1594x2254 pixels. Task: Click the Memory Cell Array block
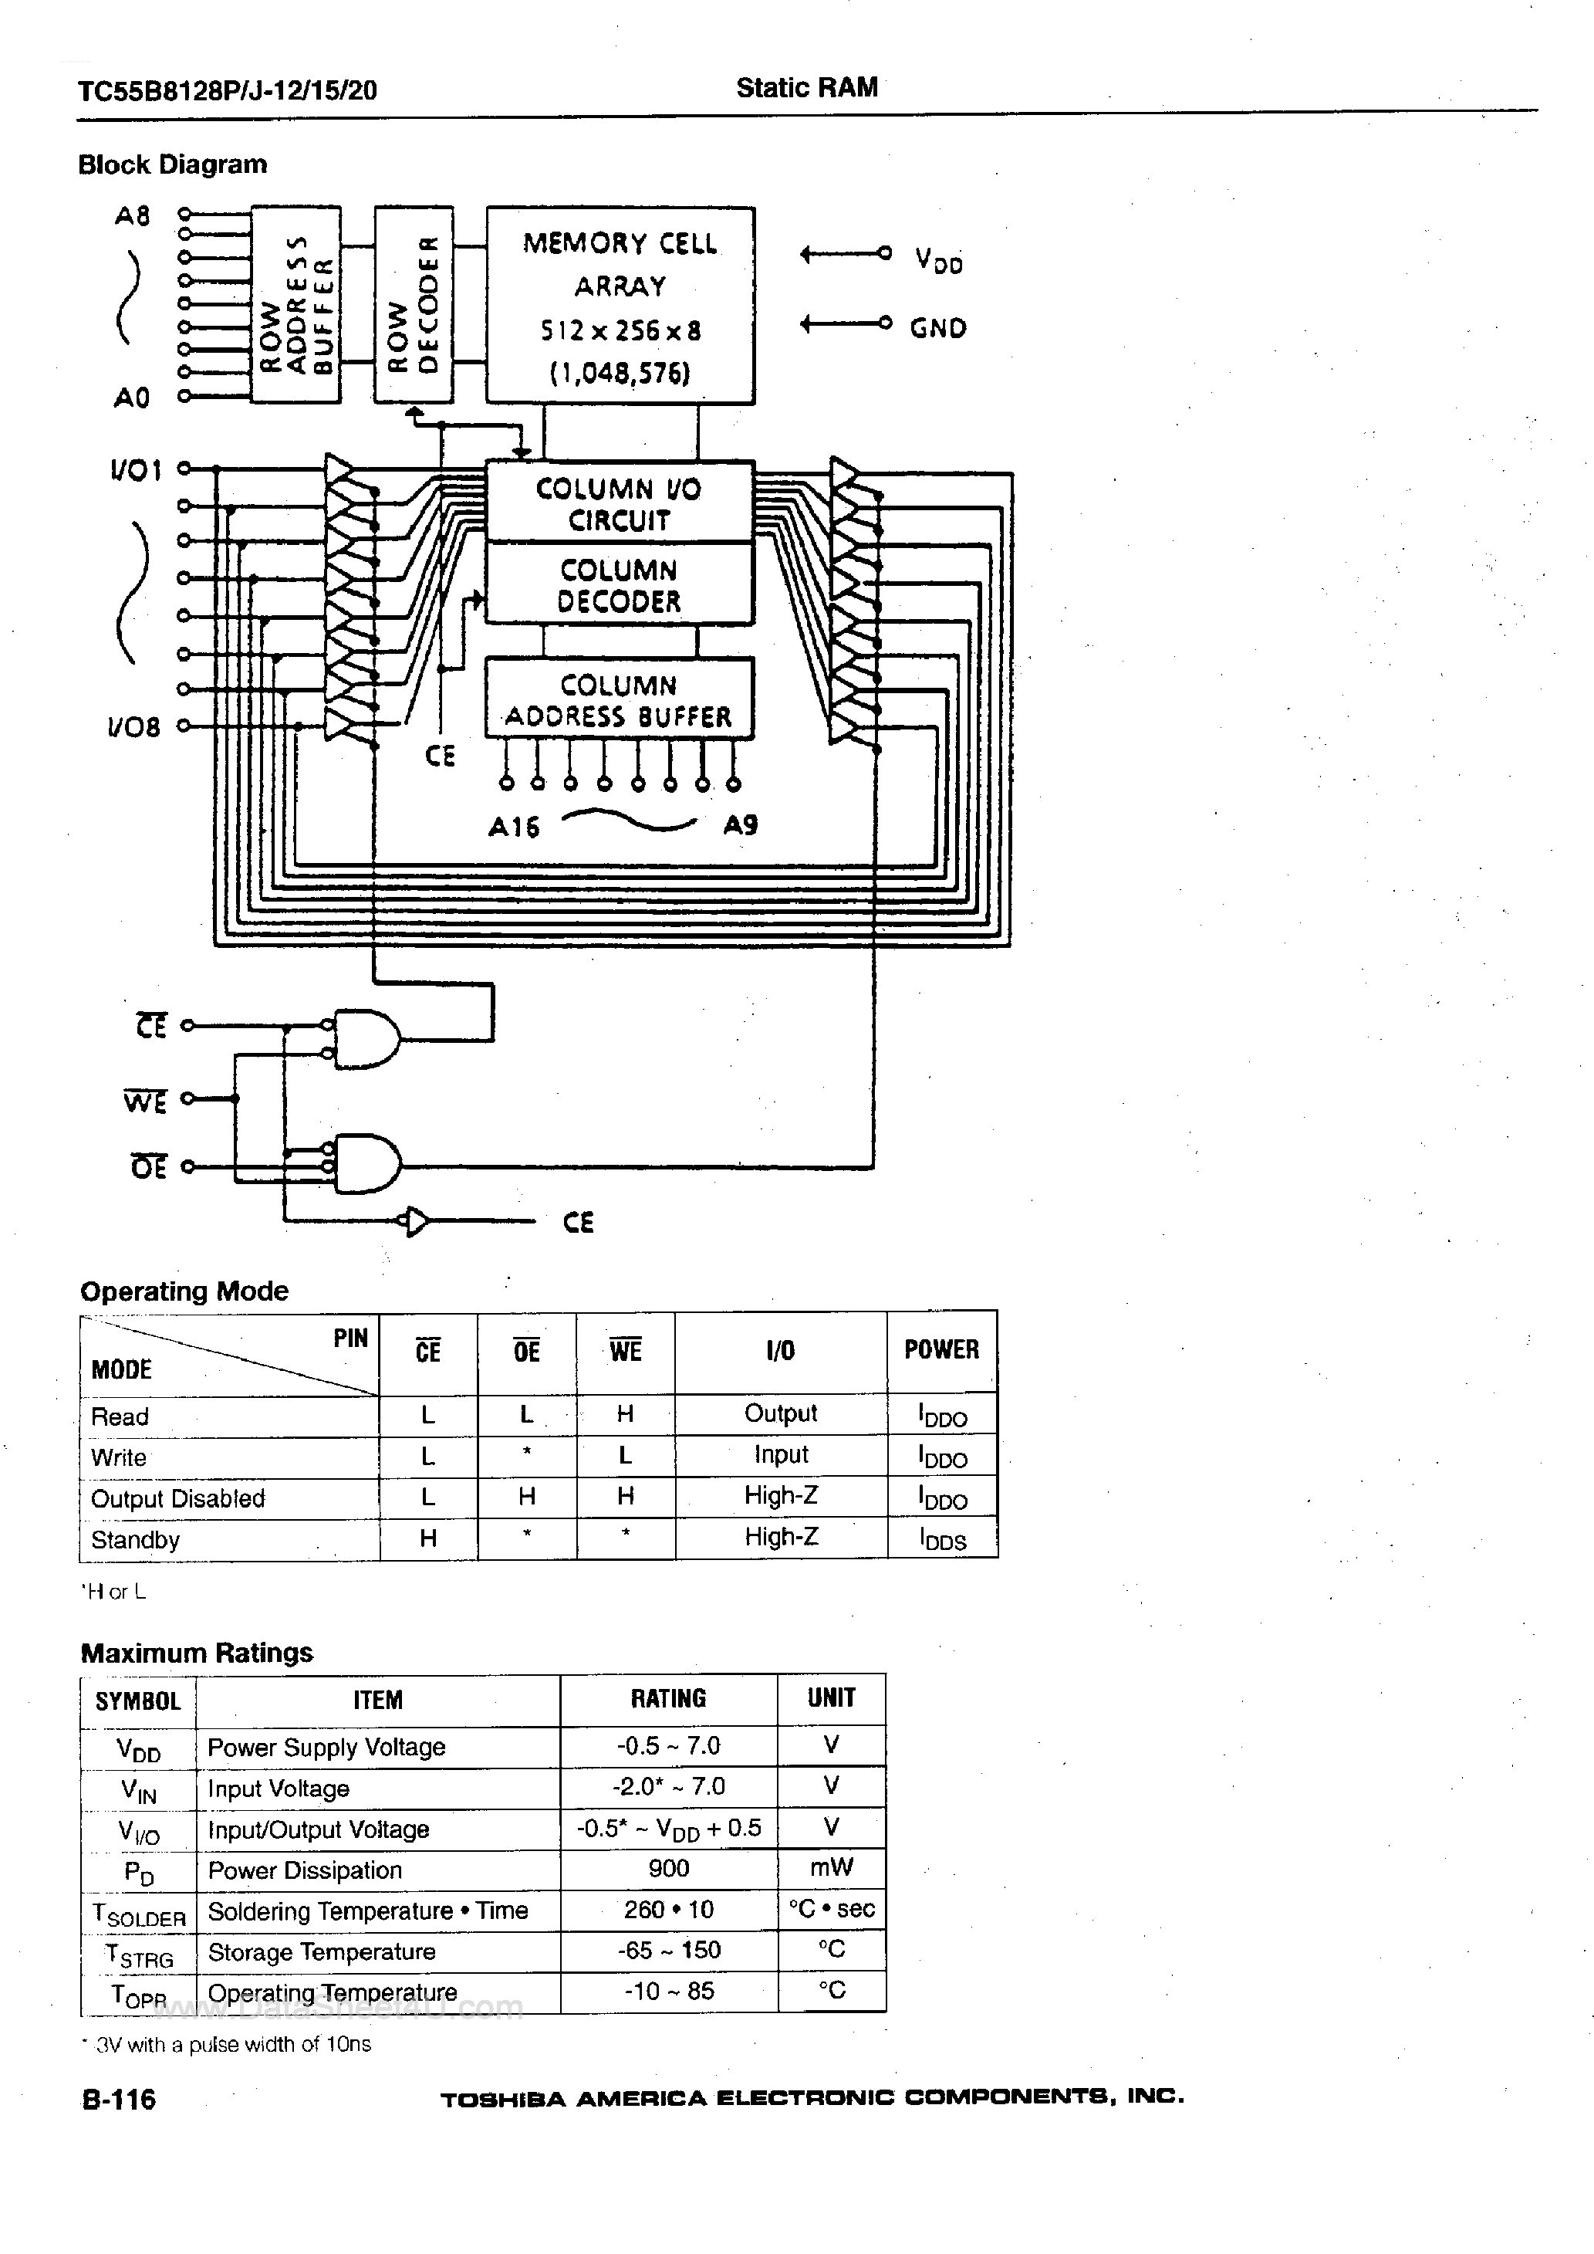tap(620, 306)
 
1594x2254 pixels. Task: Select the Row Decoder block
tap(414, 304)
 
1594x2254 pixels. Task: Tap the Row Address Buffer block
tap(295, 304)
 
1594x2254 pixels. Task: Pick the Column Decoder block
tap(620, 585)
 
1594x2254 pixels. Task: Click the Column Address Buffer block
tap(620, 699)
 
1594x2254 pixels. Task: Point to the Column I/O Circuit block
tap(620, 503)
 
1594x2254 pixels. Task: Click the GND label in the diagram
tap(937, 328)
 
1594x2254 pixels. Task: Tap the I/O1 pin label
tap(136, 471)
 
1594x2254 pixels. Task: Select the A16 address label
tap(513, 827)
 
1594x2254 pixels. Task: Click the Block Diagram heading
tap(173, 164)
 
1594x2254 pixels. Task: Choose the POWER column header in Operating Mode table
tap(941, 1350)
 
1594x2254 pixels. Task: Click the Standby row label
tap(136, 1539)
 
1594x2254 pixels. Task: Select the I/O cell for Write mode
tap(780, 1455)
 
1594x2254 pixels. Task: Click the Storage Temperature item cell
tap(322, 1951)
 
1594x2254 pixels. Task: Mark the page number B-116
tap(119, 2099)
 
